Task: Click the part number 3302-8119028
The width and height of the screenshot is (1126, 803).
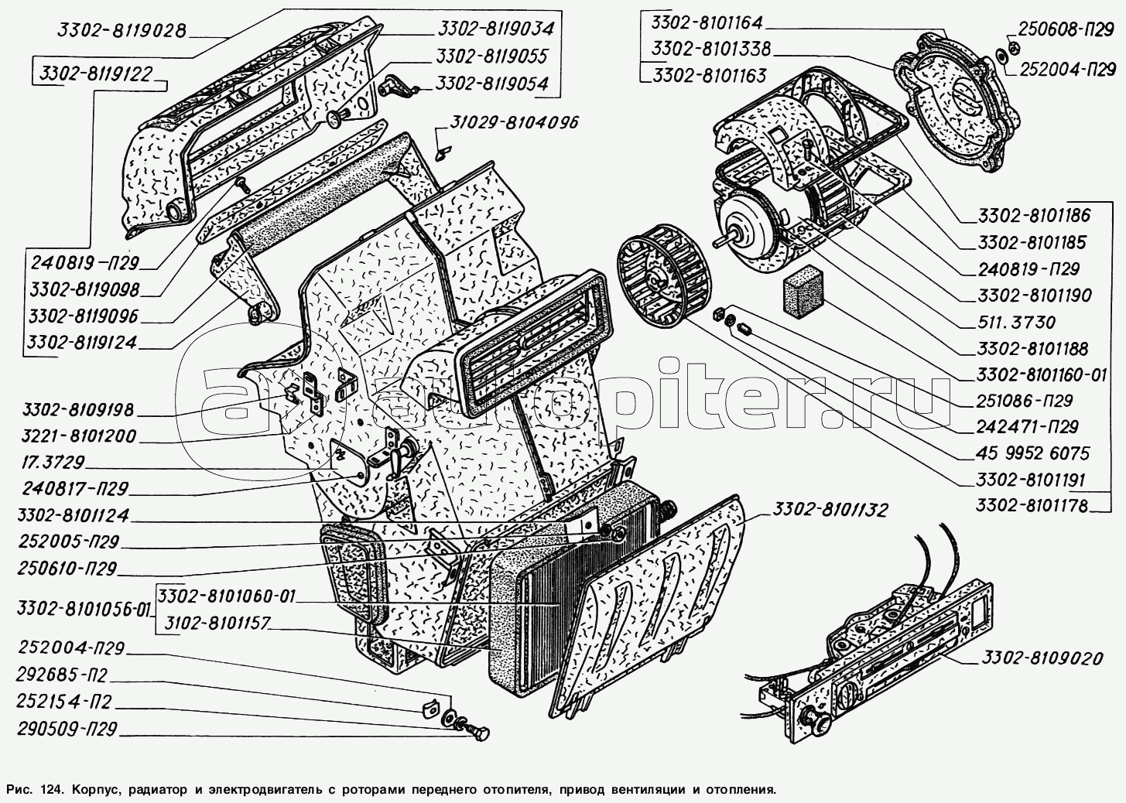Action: point(121,32)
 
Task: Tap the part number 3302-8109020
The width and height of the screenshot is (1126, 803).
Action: point(1042,658)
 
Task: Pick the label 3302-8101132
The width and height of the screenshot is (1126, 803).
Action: point(829,510)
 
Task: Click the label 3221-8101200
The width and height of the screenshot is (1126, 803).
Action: point(79,436)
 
